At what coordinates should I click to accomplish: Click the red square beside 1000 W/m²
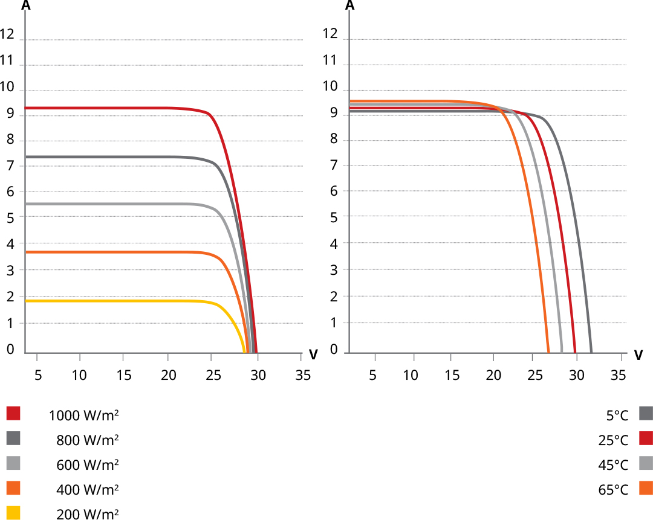click(13, 413)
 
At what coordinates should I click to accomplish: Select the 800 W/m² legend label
click(87, 440)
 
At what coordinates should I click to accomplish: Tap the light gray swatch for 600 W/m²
click(13, 463)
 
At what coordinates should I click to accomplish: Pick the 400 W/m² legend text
click(87, 490)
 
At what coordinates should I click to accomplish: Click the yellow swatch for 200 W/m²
click(13, 513)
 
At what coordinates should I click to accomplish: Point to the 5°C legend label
click(617, 415)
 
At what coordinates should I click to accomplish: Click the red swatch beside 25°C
click(646, 438)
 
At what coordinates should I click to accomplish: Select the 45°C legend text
click(614, 464)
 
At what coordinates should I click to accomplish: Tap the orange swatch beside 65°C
click(646, 488)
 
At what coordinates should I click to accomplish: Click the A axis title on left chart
click(26, 6)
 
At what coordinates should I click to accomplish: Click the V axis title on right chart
click(638, 355)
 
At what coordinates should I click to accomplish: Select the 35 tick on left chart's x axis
click(303, 375)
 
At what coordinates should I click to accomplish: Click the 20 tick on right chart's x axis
click(493, 375)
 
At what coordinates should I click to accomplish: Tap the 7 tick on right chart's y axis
click(333, 165)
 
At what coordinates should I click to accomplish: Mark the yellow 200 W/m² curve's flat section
click(121, 301)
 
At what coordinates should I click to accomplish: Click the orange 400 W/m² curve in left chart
click(121, 252)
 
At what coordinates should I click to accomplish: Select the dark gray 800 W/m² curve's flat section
click(121, 157)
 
